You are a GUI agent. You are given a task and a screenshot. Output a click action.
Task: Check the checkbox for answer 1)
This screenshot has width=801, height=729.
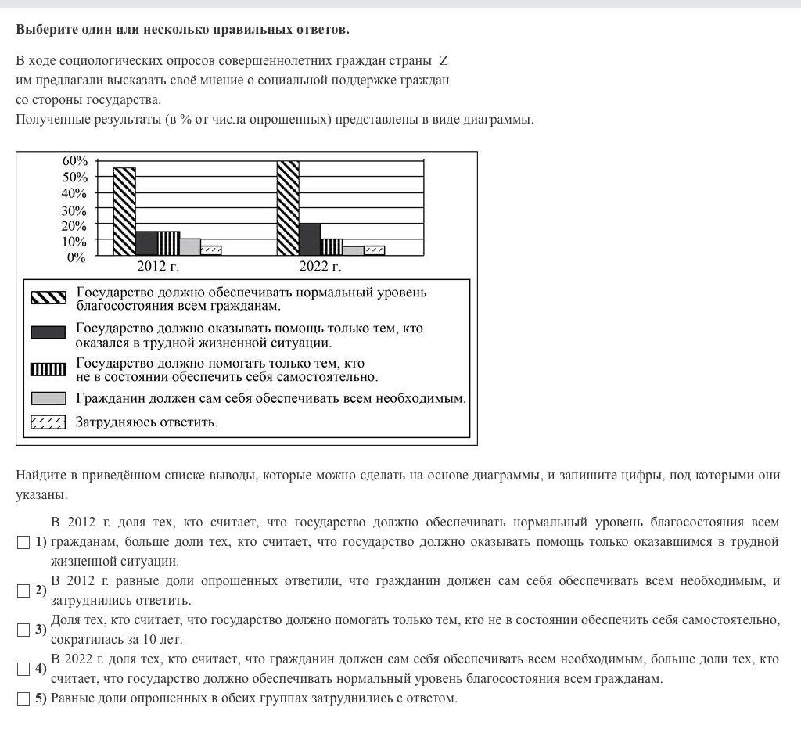(22, 542)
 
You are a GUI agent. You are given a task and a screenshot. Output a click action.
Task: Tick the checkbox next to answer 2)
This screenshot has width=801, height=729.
(22, 591)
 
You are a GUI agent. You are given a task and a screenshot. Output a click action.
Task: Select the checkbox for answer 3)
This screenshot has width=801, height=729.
(22, 630)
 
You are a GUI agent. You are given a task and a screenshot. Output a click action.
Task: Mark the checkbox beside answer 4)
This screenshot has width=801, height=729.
(22, 669)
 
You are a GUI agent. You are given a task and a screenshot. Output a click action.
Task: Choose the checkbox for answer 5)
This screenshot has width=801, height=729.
(22, 698)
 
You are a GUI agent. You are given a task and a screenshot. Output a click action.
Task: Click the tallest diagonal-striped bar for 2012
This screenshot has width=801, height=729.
(124, 211)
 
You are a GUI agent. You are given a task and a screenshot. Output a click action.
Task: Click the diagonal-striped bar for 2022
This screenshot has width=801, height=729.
(288, 208)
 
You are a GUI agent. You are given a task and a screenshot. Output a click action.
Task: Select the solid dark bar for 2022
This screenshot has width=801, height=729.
(310, 239)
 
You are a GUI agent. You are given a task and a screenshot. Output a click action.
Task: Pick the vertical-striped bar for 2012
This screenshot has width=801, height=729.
(168, 243)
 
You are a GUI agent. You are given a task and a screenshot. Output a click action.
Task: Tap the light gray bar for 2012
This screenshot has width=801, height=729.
(190, 246)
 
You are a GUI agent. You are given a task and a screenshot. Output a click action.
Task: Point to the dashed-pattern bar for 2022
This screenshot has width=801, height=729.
(374, 250)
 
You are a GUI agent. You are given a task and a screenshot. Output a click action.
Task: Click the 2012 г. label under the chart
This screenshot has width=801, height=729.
(158, 268)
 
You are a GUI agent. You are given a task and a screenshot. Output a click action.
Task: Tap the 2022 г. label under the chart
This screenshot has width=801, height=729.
(320, 268)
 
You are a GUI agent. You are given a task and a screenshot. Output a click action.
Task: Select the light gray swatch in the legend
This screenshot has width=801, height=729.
(48, 398)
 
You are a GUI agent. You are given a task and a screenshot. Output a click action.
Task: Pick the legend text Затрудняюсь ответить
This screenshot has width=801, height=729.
(146, 422)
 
